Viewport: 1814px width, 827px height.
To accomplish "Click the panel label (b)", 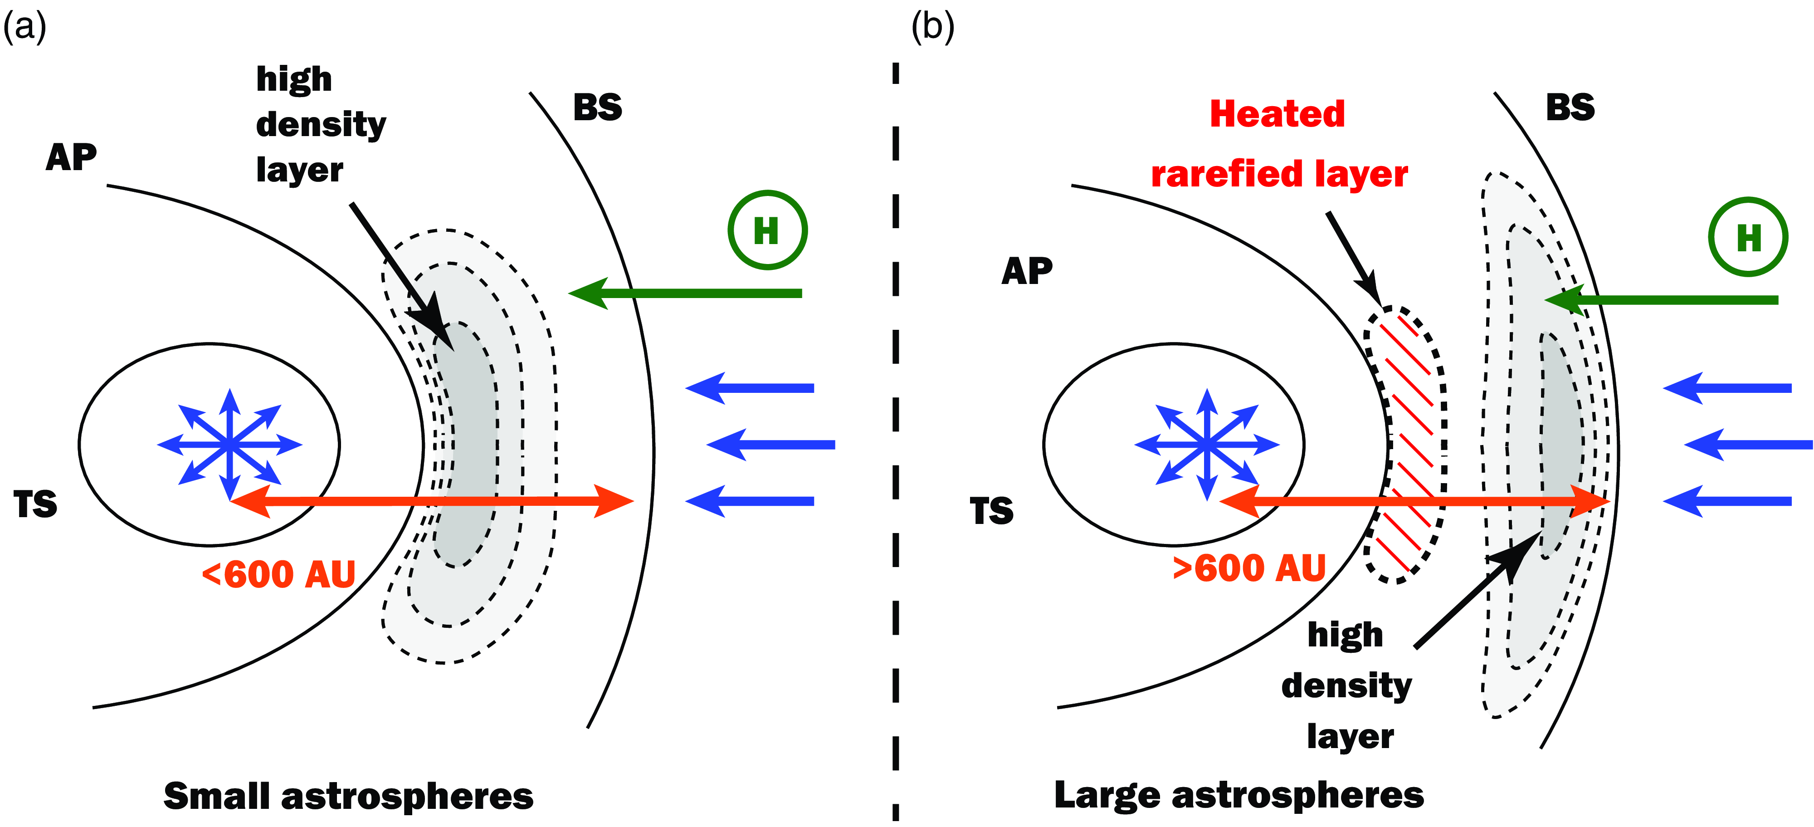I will pyautogui.click(x=932, y=28).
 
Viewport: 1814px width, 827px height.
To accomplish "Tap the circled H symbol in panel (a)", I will pyautogui.click(x=767, y=230).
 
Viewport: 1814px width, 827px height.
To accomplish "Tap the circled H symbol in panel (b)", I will pyautogui.click(x=1748, y=237).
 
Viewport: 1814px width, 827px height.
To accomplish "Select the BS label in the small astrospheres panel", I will pyautogui.click(x=598, y=108).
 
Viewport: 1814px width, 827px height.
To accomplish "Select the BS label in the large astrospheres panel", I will pyautogui.click(x=1570, y=108).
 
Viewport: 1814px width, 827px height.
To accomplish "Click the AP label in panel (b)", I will pyautogui.click(x=1027, y=271).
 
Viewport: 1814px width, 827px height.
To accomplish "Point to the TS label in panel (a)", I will pyautogui.click(x=35, y=504).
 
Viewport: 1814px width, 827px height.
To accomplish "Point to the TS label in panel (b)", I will pyautogui.click(x=991, y=511).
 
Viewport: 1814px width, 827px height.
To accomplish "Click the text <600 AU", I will pyautogui.click(x=279, y=574).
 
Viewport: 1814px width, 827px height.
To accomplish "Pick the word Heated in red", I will pyautogui.click(x=1277, y=114).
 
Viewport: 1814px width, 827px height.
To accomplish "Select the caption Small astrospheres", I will pyautogui.click(x=349, y=796).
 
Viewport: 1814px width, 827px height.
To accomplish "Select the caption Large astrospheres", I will pyautogui.click(x=1239, y=795).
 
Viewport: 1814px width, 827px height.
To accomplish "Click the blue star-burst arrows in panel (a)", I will pyautogui.click(x=229, y=445).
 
